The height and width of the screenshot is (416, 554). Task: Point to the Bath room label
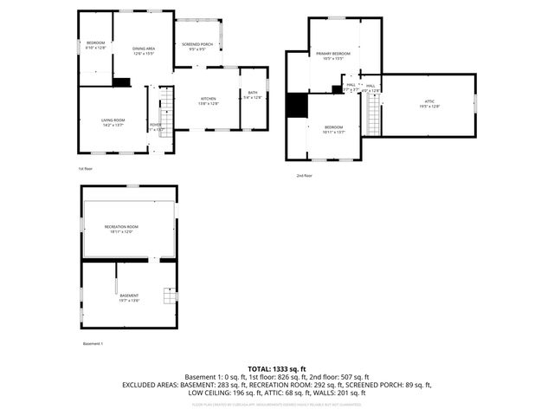(x=253, y=94)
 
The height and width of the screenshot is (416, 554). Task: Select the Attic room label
(x=429, y=103)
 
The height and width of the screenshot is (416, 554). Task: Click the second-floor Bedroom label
(x=334, y=129)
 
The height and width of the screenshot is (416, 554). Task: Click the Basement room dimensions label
(x=128, y=300)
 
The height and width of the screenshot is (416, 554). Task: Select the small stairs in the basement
(x=171, y=296)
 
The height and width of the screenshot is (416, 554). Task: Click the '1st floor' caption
(x=85, y=168)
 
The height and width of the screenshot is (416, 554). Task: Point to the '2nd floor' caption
(x=304, y=175)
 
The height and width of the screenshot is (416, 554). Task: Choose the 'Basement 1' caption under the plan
(x=93, y=344)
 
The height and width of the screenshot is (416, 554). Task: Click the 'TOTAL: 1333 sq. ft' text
(x=277, y=368)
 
